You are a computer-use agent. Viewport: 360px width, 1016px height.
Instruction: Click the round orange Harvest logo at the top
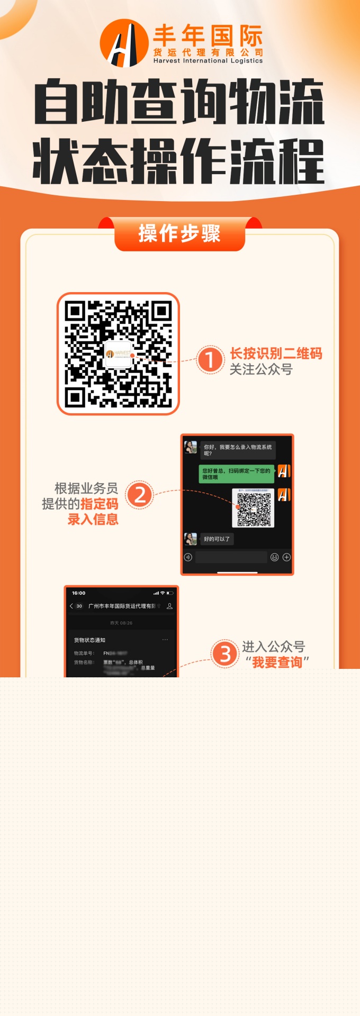coord(124,43)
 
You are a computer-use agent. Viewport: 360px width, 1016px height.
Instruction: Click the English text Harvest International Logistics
coord(208,61)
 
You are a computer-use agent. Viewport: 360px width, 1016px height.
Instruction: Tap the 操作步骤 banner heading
coord(179,233)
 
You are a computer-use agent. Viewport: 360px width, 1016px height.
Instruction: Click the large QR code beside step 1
coord(118,353)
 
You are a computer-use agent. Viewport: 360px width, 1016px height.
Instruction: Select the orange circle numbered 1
coord(210,360)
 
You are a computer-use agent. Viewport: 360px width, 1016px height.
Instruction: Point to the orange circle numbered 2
coord(140,495)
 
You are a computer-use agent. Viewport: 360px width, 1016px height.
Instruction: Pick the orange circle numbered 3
coord(225,654)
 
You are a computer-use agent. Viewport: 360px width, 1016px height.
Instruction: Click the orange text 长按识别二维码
coord(276,353)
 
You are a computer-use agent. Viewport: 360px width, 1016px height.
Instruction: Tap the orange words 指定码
coord(99,504)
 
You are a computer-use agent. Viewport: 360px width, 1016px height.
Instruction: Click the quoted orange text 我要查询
coord(277,662)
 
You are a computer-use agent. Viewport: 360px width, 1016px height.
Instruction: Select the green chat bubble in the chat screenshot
coord(236,474)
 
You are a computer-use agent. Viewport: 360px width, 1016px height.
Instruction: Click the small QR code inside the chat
coord(253,508)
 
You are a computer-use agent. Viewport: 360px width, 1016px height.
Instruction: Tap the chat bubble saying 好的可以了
coord(217,539)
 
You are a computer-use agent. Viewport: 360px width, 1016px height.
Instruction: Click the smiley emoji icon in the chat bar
coord(274,557)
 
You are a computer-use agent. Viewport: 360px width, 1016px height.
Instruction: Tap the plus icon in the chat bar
coord(286,557)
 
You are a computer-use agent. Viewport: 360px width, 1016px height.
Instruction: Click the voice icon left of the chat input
coord(188,557)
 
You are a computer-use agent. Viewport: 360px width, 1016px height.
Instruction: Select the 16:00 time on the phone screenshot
coord(78,593)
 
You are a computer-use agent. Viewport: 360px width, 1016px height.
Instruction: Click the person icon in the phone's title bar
coord(169,606)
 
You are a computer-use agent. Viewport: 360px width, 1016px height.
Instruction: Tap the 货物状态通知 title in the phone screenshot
coord(89,640)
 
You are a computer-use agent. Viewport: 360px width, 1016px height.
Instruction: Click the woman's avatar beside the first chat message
coord(191,447)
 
